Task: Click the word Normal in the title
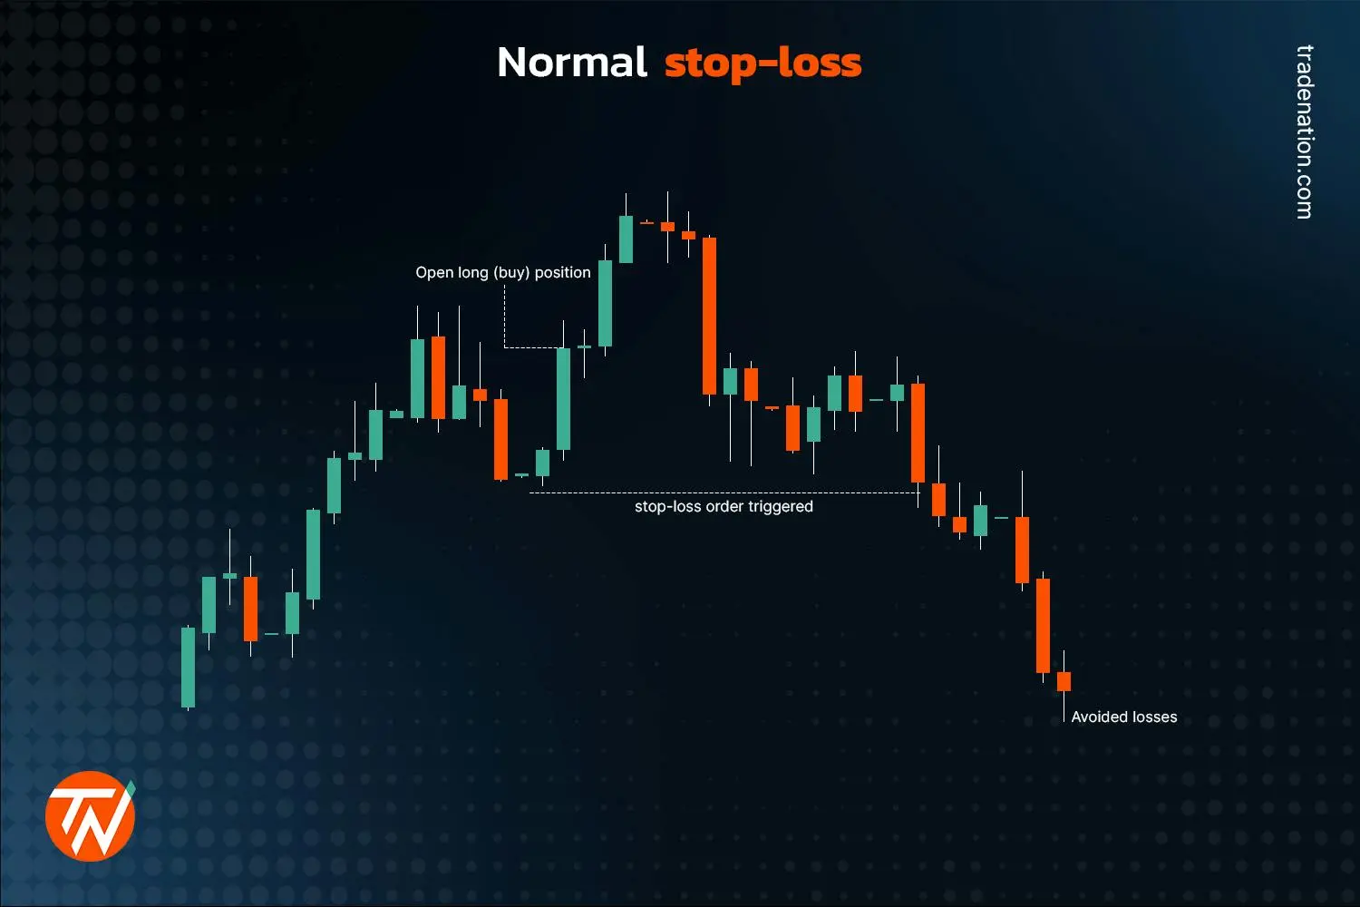[572, 63]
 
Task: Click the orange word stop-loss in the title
[763, 63]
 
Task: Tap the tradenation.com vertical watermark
[1304, 132]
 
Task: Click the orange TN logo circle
[90, 815]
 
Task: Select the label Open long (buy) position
[502, 272]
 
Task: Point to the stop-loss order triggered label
[724, 506]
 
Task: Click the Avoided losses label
[1123, 717]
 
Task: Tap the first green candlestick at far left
[189, 667]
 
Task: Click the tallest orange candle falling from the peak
[709, 316]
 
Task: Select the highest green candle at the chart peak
[626, 239]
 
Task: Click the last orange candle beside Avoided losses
[1064, 681]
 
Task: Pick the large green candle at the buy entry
[563, 398]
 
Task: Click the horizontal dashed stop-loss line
[725, 493]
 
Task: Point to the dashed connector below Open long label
[505, 317]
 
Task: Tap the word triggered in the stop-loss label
[780, 506]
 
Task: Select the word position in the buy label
[562, 272]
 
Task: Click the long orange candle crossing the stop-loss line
[918, 433]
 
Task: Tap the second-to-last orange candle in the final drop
[1043, 625]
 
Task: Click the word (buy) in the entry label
[511, 272]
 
